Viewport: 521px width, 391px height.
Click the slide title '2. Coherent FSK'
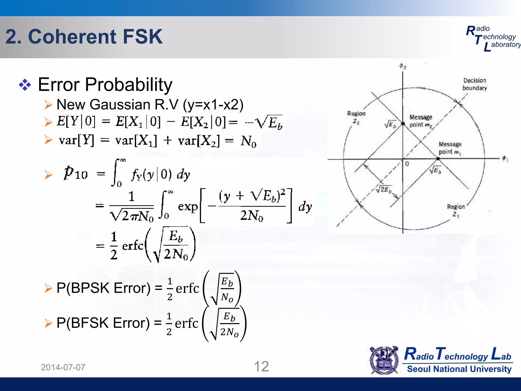(84, 37)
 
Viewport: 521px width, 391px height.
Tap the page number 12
(261, 367)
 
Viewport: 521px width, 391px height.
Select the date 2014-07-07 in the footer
(63, 367)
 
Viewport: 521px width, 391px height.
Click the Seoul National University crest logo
(384, 360)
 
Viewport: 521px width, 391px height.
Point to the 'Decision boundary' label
(474, 84)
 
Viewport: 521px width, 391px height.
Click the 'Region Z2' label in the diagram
(356, 117)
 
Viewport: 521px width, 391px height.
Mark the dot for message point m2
(403, 124)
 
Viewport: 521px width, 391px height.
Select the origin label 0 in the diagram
(407, 164)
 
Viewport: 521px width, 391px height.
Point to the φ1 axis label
(505, 159)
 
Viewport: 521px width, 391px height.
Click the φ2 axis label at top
(403, 66)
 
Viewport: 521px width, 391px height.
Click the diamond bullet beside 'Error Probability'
(25, 85)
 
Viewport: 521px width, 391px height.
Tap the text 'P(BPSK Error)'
(103, 288)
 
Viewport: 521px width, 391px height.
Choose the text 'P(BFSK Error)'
(103, 323)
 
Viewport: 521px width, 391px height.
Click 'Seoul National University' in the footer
(459, 369)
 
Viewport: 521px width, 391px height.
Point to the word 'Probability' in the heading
(129, 85)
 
